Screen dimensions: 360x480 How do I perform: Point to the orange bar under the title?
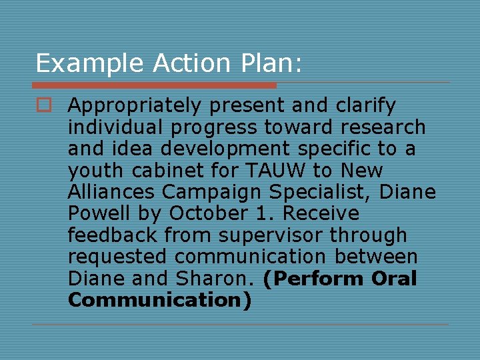tap(154, 85)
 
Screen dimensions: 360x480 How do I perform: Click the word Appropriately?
tap(134, 106)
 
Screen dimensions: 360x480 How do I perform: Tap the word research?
tap(386, 127)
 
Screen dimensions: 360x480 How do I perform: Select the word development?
tap(235, 148)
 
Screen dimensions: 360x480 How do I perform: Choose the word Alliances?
tap(111, 192)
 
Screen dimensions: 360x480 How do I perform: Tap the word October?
tap(220, 213)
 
